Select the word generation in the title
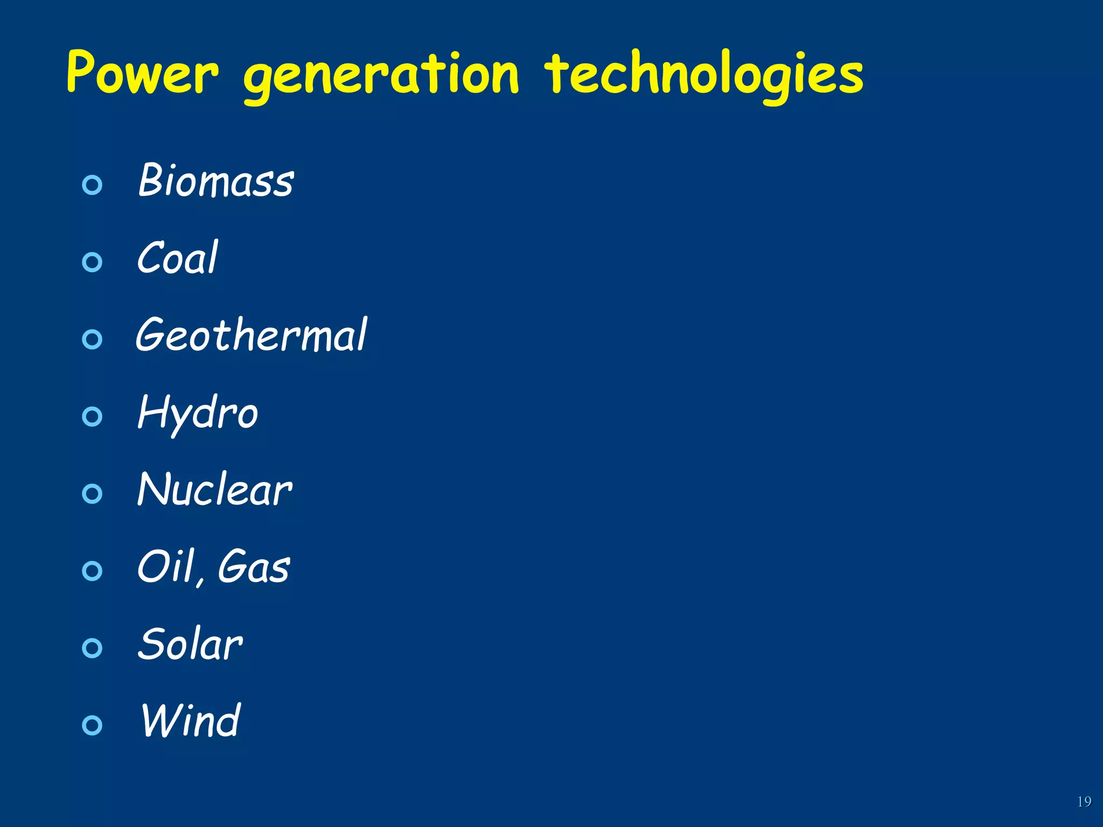click(x=381, y=75)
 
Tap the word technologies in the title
click(x=703, y=75)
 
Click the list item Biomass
click(x=216, y=180)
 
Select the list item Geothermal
click(x=251, y=335)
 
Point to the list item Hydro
click(x=198, y=413)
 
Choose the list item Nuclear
click(x=214, y=489)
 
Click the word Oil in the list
click(x=166, y=566)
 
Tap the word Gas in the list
click(x=254, y=566)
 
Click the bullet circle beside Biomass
click(x=92, y=185)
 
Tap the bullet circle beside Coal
click(x=92, y=262)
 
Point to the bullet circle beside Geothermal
click(x=92, y=339)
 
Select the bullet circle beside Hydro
click(x=92, y=416)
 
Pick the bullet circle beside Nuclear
click(x=92, y=493)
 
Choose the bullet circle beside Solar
click(x=92, y=648)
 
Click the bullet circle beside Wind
click(x=92, y=725)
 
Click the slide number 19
click(x=1084, y=802)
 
